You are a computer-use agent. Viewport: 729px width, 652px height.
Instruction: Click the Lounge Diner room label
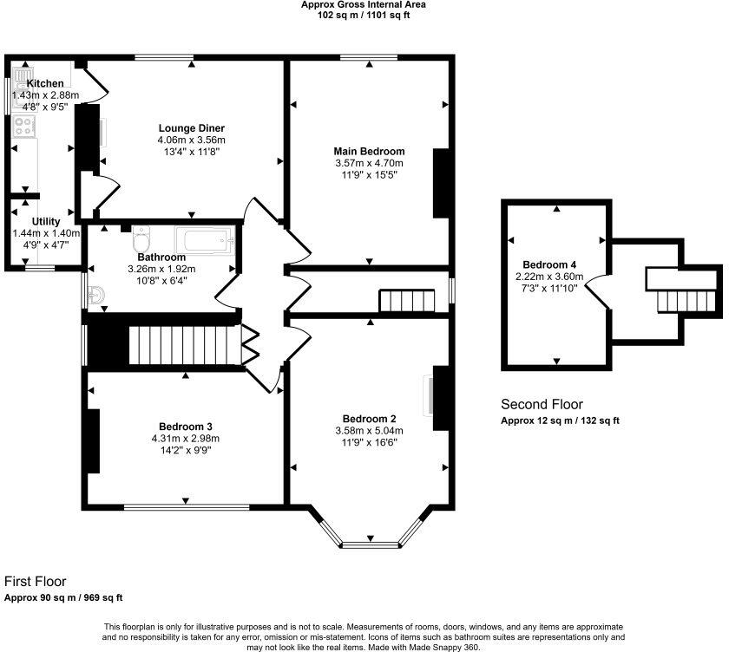coord(191,128)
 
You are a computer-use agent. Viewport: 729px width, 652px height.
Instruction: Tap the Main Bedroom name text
coord(369,151)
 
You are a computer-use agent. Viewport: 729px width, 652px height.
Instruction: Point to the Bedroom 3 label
coord(185,426)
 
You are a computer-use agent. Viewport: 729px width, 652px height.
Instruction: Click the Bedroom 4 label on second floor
coord(549,265)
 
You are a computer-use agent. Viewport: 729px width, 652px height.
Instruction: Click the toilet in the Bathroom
coord(142,237)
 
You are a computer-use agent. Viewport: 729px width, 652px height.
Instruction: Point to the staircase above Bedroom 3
coord(183,345)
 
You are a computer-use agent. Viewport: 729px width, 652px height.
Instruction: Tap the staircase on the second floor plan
coord(686,301)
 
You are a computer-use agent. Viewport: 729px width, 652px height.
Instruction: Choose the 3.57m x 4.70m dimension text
coord(369,163)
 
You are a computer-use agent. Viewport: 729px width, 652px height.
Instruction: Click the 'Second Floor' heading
coord(542,404)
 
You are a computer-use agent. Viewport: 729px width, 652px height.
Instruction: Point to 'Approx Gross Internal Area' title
coord(364,4)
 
